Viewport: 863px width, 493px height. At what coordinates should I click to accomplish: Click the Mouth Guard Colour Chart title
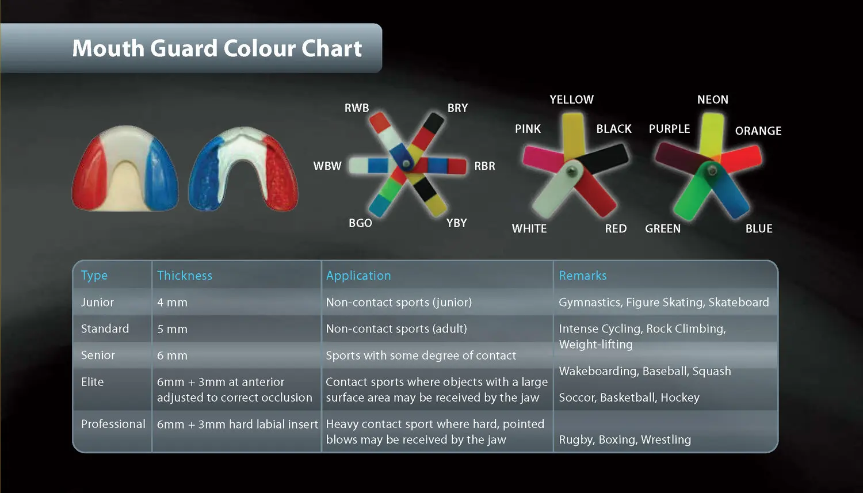(217, 48)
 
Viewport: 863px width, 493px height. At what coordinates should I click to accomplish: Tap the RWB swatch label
(357, 108)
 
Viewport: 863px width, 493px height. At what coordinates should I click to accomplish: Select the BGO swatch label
(360, 223)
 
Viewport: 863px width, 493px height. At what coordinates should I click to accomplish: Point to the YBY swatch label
(457, 223)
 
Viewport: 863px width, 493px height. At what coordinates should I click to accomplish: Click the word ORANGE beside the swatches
(758, 131)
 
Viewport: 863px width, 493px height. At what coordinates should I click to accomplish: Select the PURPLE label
(669, 129)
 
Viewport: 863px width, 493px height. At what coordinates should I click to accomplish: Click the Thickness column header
(185, 276)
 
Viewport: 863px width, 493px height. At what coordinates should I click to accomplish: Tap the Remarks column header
(583, 276)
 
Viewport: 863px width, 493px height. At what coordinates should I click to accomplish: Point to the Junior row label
(97, 303)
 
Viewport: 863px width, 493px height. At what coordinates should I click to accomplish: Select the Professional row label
(113, 424)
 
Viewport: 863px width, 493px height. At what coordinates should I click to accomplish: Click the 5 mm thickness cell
(172, 329)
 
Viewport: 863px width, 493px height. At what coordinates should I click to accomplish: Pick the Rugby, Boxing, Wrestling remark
(625, 440)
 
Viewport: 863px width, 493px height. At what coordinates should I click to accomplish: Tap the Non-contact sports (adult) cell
(396, 329)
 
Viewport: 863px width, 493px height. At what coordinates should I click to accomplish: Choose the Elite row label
(92, 382)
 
